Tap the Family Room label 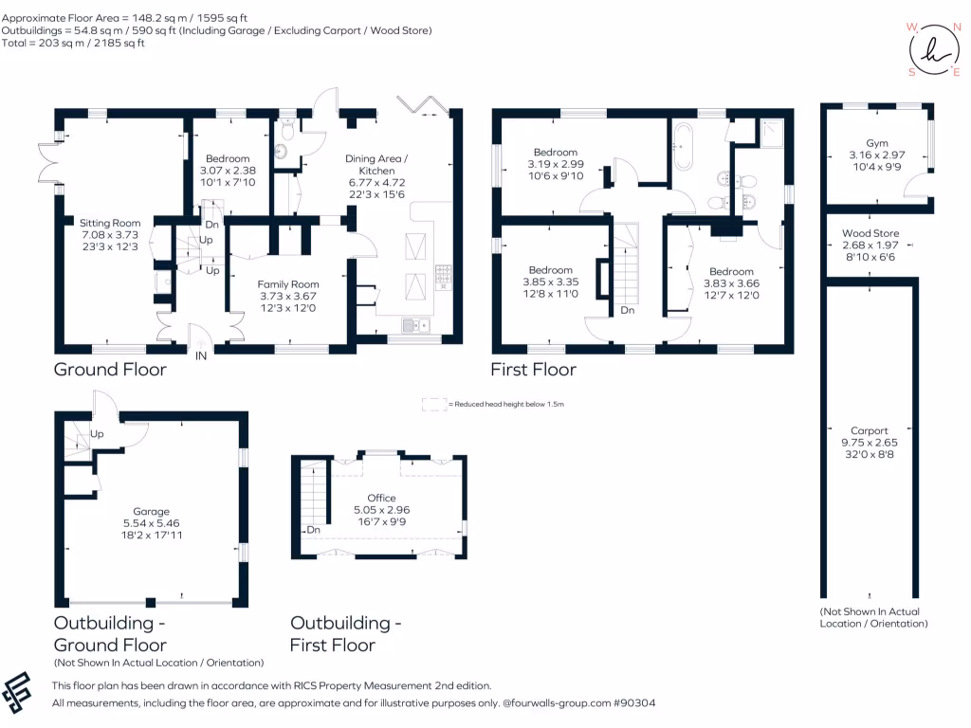pos(288,284)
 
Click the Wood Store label pos(870,233)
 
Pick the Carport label pos(869,430)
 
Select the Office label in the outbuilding pos(381,499)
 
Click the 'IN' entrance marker pos(201,356)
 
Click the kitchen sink pos(415,326)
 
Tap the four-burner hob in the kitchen pos(443,275)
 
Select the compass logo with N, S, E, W pos(929,47)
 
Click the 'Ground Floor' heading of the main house pos(109,370)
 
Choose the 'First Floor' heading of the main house pos(532,370)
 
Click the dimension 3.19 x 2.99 pos(555,164)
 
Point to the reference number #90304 pos(633,703)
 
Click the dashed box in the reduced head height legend pos(433,405)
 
